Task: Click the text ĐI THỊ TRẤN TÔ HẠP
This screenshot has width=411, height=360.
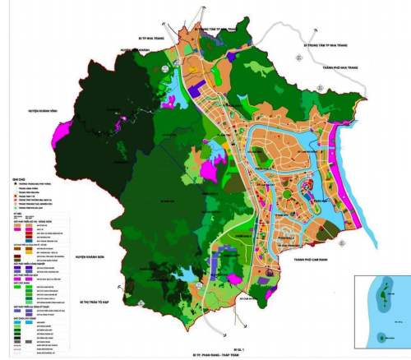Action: (x=93, y=302)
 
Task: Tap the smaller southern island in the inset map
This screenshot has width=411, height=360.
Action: (x=381, y=336)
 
